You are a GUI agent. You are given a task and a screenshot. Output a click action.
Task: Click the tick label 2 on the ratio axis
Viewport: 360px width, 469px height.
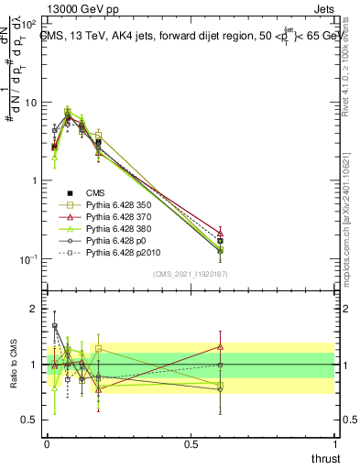coord(33,309)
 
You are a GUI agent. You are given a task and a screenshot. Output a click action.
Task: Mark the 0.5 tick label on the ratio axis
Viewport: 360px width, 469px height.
coord(27,420)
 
